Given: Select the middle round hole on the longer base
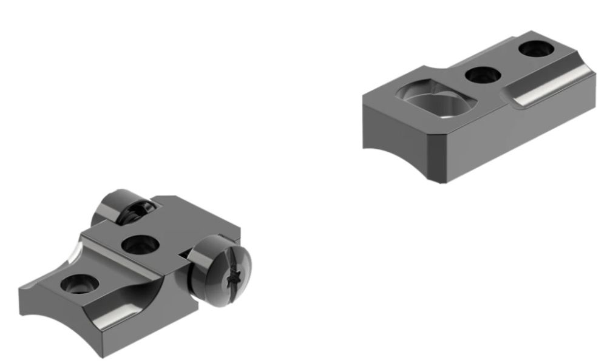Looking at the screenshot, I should pos(483,75).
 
